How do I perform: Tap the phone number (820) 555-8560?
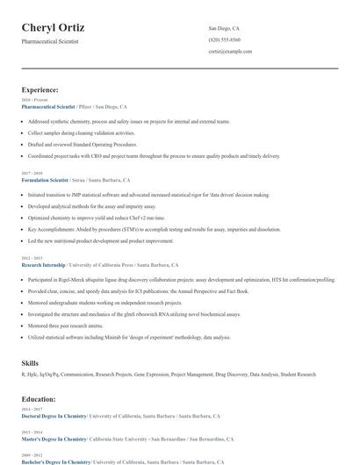coord(225,40)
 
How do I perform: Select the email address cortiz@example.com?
coord(230,52)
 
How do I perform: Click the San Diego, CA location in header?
coord(224,29)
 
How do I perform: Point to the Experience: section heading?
coord(40,89)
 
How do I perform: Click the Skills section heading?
coord(30,362)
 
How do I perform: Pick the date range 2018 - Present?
coord(36,100)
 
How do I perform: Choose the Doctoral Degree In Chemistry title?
coord(55,416)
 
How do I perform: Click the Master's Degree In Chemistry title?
coord(54,439)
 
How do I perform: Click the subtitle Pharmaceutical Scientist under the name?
coord(50,41)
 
